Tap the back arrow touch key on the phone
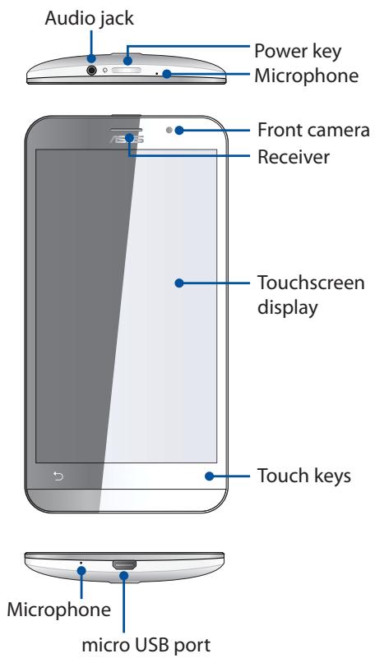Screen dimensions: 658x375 pyautogui.click(x=58, y=475)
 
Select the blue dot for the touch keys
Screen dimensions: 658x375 pyautogui.click(x=210, y=475)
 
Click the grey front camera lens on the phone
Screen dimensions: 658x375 pyautogui.click(x=168, y=130)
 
